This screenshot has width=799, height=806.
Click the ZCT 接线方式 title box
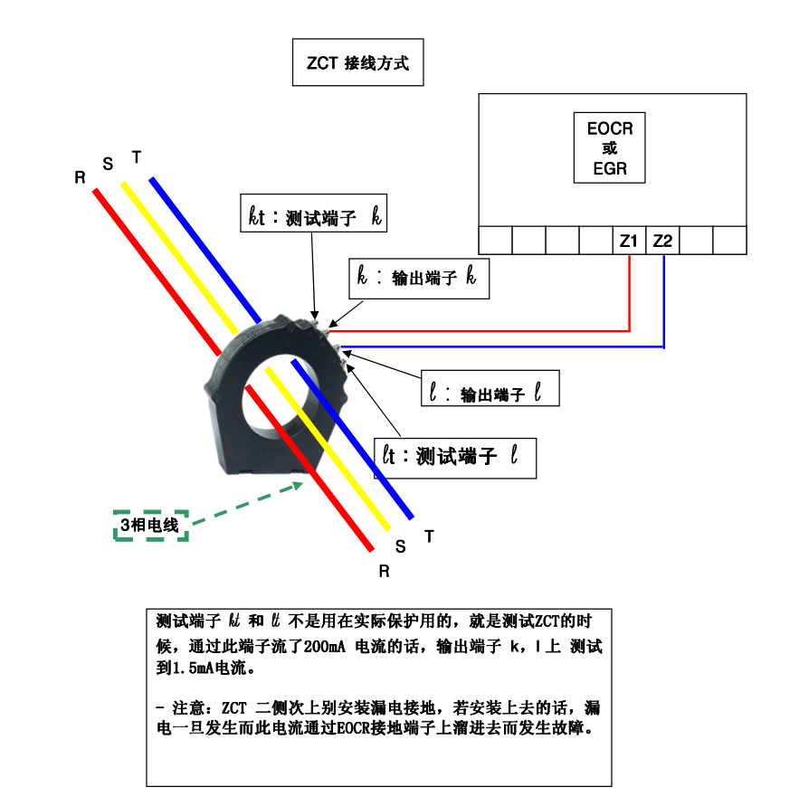357,63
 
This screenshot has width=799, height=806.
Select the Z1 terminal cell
629,241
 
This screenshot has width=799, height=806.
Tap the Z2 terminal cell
662,241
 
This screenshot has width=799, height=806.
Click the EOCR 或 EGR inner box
610,148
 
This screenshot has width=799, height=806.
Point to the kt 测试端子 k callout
314,215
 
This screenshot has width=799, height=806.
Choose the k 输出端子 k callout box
419,278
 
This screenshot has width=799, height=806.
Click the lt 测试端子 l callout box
455,458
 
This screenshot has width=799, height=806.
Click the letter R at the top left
80,178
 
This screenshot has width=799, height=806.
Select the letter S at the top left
108,164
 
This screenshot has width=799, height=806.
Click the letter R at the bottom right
384,572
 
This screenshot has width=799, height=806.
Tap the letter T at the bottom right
429,536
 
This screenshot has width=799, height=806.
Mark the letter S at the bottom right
401,547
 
